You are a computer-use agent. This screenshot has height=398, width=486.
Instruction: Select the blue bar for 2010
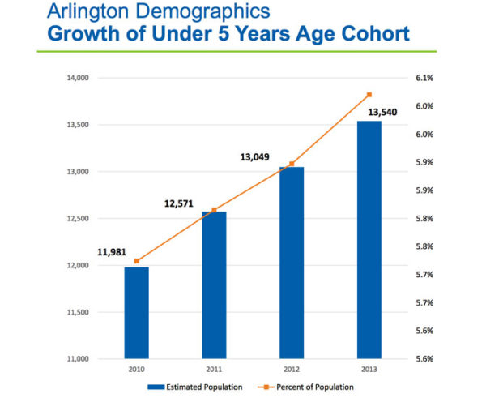(x=136, y=312)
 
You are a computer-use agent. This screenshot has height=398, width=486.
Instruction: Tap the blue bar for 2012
(x=292, y=263)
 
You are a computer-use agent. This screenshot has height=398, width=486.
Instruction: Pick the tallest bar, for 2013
(x=369, y=239)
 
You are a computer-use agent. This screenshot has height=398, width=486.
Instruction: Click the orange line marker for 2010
(x=136, y=261)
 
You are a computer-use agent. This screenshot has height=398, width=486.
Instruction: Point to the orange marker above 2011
(x=214, y=210)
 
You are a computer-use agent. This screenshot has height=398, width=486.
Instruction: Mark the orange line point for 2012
(x=292, y=164)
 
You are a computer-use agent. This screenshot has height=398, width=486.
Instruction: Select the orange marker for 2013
(x=369, y=95)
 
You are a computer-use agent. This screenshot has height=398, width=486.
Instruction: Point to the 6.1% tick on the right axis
(x=424, y=78)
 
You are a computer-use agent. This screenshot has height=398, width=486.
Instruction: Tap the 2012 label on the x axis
(x=292, y=369)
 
